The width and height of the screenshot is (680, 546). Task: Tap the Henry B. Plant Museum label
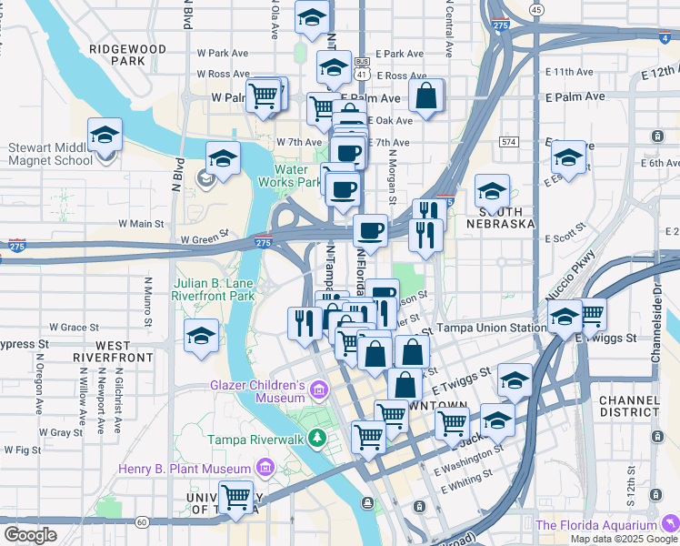point(186,469)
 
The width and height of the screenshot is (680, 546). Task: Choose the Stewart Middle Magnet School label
point(50,154)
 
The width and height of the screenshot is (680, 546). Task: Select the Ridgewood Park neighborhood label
point(128,55)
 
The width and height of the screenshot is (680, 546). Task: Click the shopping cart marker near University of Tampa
point(236,497)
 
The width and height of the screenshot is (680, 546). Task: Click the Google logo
point(30,534)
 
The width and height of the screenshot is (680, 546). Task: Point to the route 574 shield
point(508,142)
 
